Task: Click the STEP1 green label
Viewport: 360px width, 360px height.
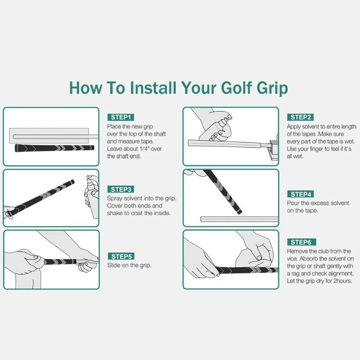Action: [x=121, y=117]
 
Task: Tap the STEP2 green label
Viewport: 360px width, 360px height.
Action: [x=300, y=117]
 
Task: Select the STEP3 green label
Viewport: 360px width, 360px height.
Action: [x=121, y=189]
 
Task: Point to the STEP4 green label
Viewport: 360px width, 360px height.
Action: [x=301, y=194]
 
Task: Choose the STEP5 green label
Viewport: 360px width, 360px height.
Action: [x=121, y=256]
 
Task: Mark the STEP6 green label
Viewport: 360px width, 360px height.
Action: [x=302, y=242]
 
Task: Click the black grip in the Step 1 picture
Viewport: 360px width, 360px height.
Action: [x=54, y=148]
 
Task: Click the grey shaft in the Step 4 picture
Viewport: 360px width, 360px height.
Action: [x=240, y=219]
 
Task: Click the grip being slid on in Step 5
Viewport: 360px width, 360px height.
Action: [x=60, y=262]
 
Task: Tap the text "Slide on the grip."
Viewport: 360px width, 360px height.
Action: [x=129, y=265]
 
